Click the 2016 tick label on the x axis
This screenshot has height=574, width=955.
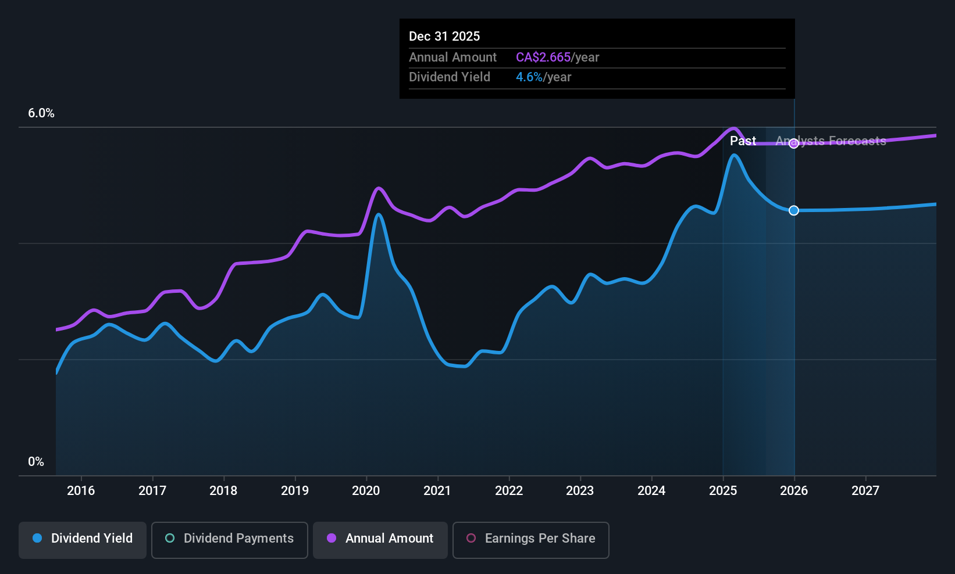pos(81,490)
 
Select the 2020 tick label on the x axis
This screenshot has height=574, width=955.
pos(366,490)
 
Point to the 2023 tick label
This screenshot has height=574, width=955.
pos(580,490)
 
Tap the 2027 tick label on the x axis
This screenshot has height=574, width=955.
pos(865,490)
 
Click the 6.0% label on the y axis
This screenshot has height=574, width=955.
pos(41,113)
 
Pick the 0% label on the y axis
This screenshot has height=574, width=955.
pos(36,462)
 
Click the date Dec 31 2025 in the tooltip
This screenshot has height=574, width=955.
pos(444,36)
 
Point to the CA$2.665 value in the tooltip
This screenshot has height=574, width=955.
pos(543,57)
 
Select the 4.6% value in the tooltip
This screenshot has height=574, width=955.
pos(529,77)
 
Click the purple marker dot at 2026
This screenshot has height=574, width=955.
pos(794,143)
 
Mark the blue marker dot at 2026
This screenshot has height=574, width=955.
pos(794,210)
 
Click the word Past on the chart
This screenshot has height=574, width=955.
pos(743,141)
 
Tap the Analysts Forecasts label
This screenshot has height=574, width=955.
pos(831,141)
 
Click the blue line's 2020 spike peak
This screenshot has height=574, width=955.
pos(379,214)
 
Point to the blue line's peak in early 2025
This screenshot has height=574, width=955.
pos(734,155)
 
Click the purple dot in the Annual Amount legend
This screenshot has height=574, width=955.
pos(332,538)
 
